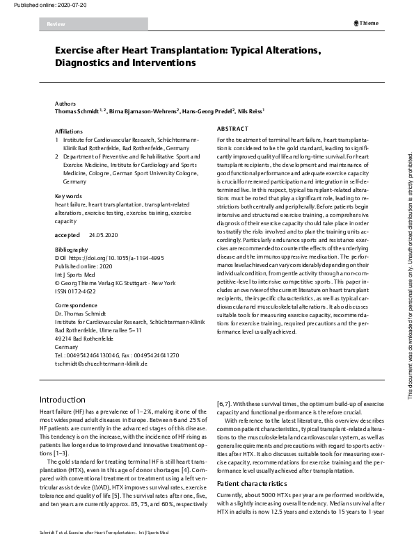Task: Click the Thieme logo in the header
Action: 367,23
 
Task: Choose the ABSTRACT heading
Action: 232,129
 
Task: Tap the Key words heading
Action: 68,196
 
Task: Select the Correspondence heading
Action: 76,305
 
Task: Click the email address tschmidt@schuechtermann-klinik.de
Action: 101,364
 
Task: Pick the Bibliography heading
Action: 71,250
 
